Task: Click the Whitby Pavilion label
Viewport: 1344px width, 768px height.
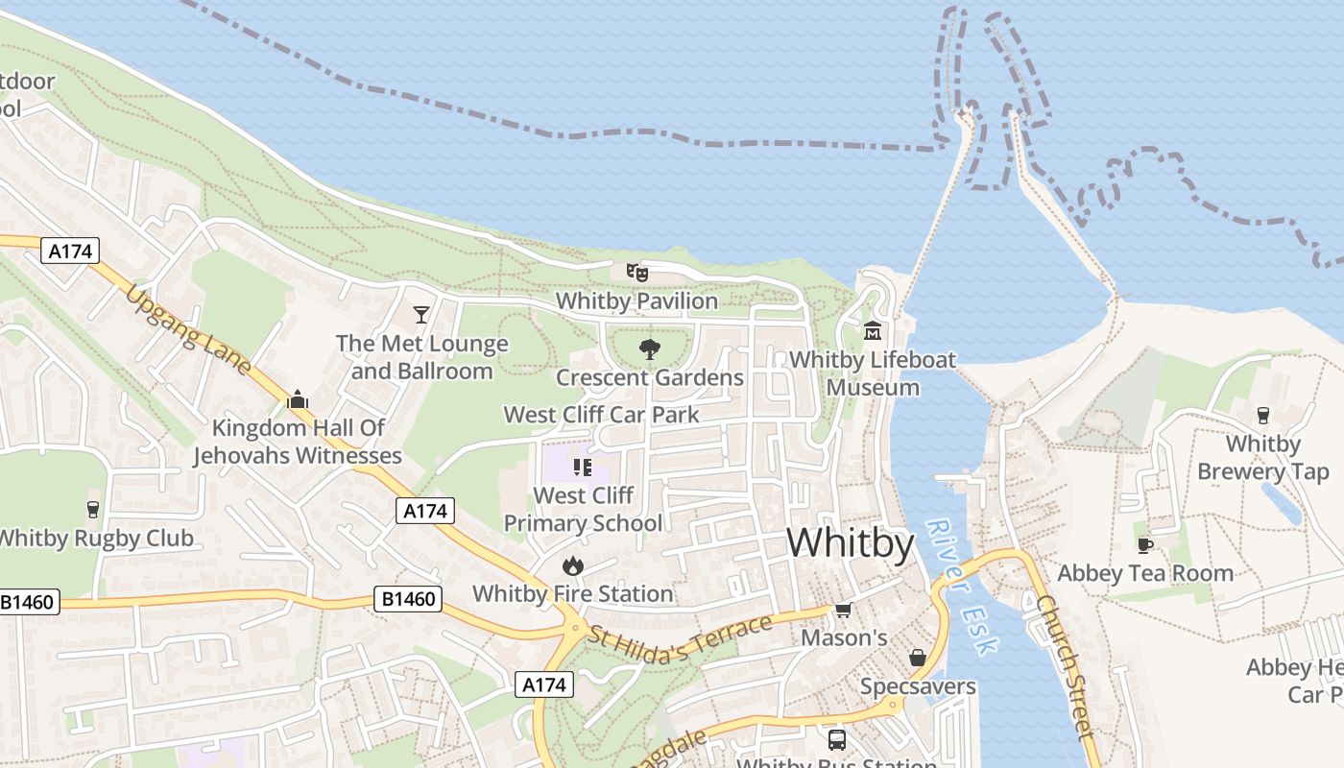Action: [636, 300]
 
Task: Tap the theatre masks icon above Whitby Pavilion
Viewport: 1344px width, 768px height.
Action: [637, 273]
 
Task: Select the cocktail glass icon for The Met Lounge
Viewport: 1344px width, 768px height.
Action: [420, 314]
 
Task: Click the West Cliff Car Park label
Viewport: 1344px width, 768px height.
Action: [601, 415]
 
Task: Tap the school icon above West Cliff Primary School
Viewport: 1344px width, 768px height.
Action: [582, 468]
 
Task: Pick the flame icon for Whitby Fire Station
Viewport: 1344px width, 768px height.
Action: [573, 565]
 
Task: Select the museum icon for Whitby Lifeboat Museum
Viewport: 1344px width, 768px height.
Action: [873, 331]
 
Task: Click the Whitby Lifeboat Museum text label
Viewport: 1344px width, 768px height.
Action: [873, 373]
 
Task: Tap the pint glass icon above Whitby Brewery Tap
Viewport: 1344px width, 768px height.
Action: [1263, 416]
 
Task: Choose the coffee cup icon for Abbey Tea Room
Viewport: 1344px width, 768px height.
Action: [1144, 545]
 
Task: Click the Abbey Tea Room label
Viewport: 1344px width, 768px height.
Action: [1144, 573]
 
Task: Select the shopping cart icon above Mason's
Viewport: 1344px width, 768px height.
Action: [843, 611]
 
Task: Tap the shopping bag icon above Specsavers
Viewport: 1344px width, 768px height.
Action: [918, 658]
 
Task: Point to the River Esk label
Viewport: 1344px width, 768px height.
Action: [962, 587]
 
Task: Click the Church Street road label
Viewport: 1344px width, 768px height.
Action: [1065, 667]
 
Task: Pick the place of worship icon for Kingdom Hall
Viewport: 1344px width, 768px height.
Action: [298, 399]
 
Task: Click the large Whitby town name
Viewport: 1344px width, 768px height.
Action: [850, 543]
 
